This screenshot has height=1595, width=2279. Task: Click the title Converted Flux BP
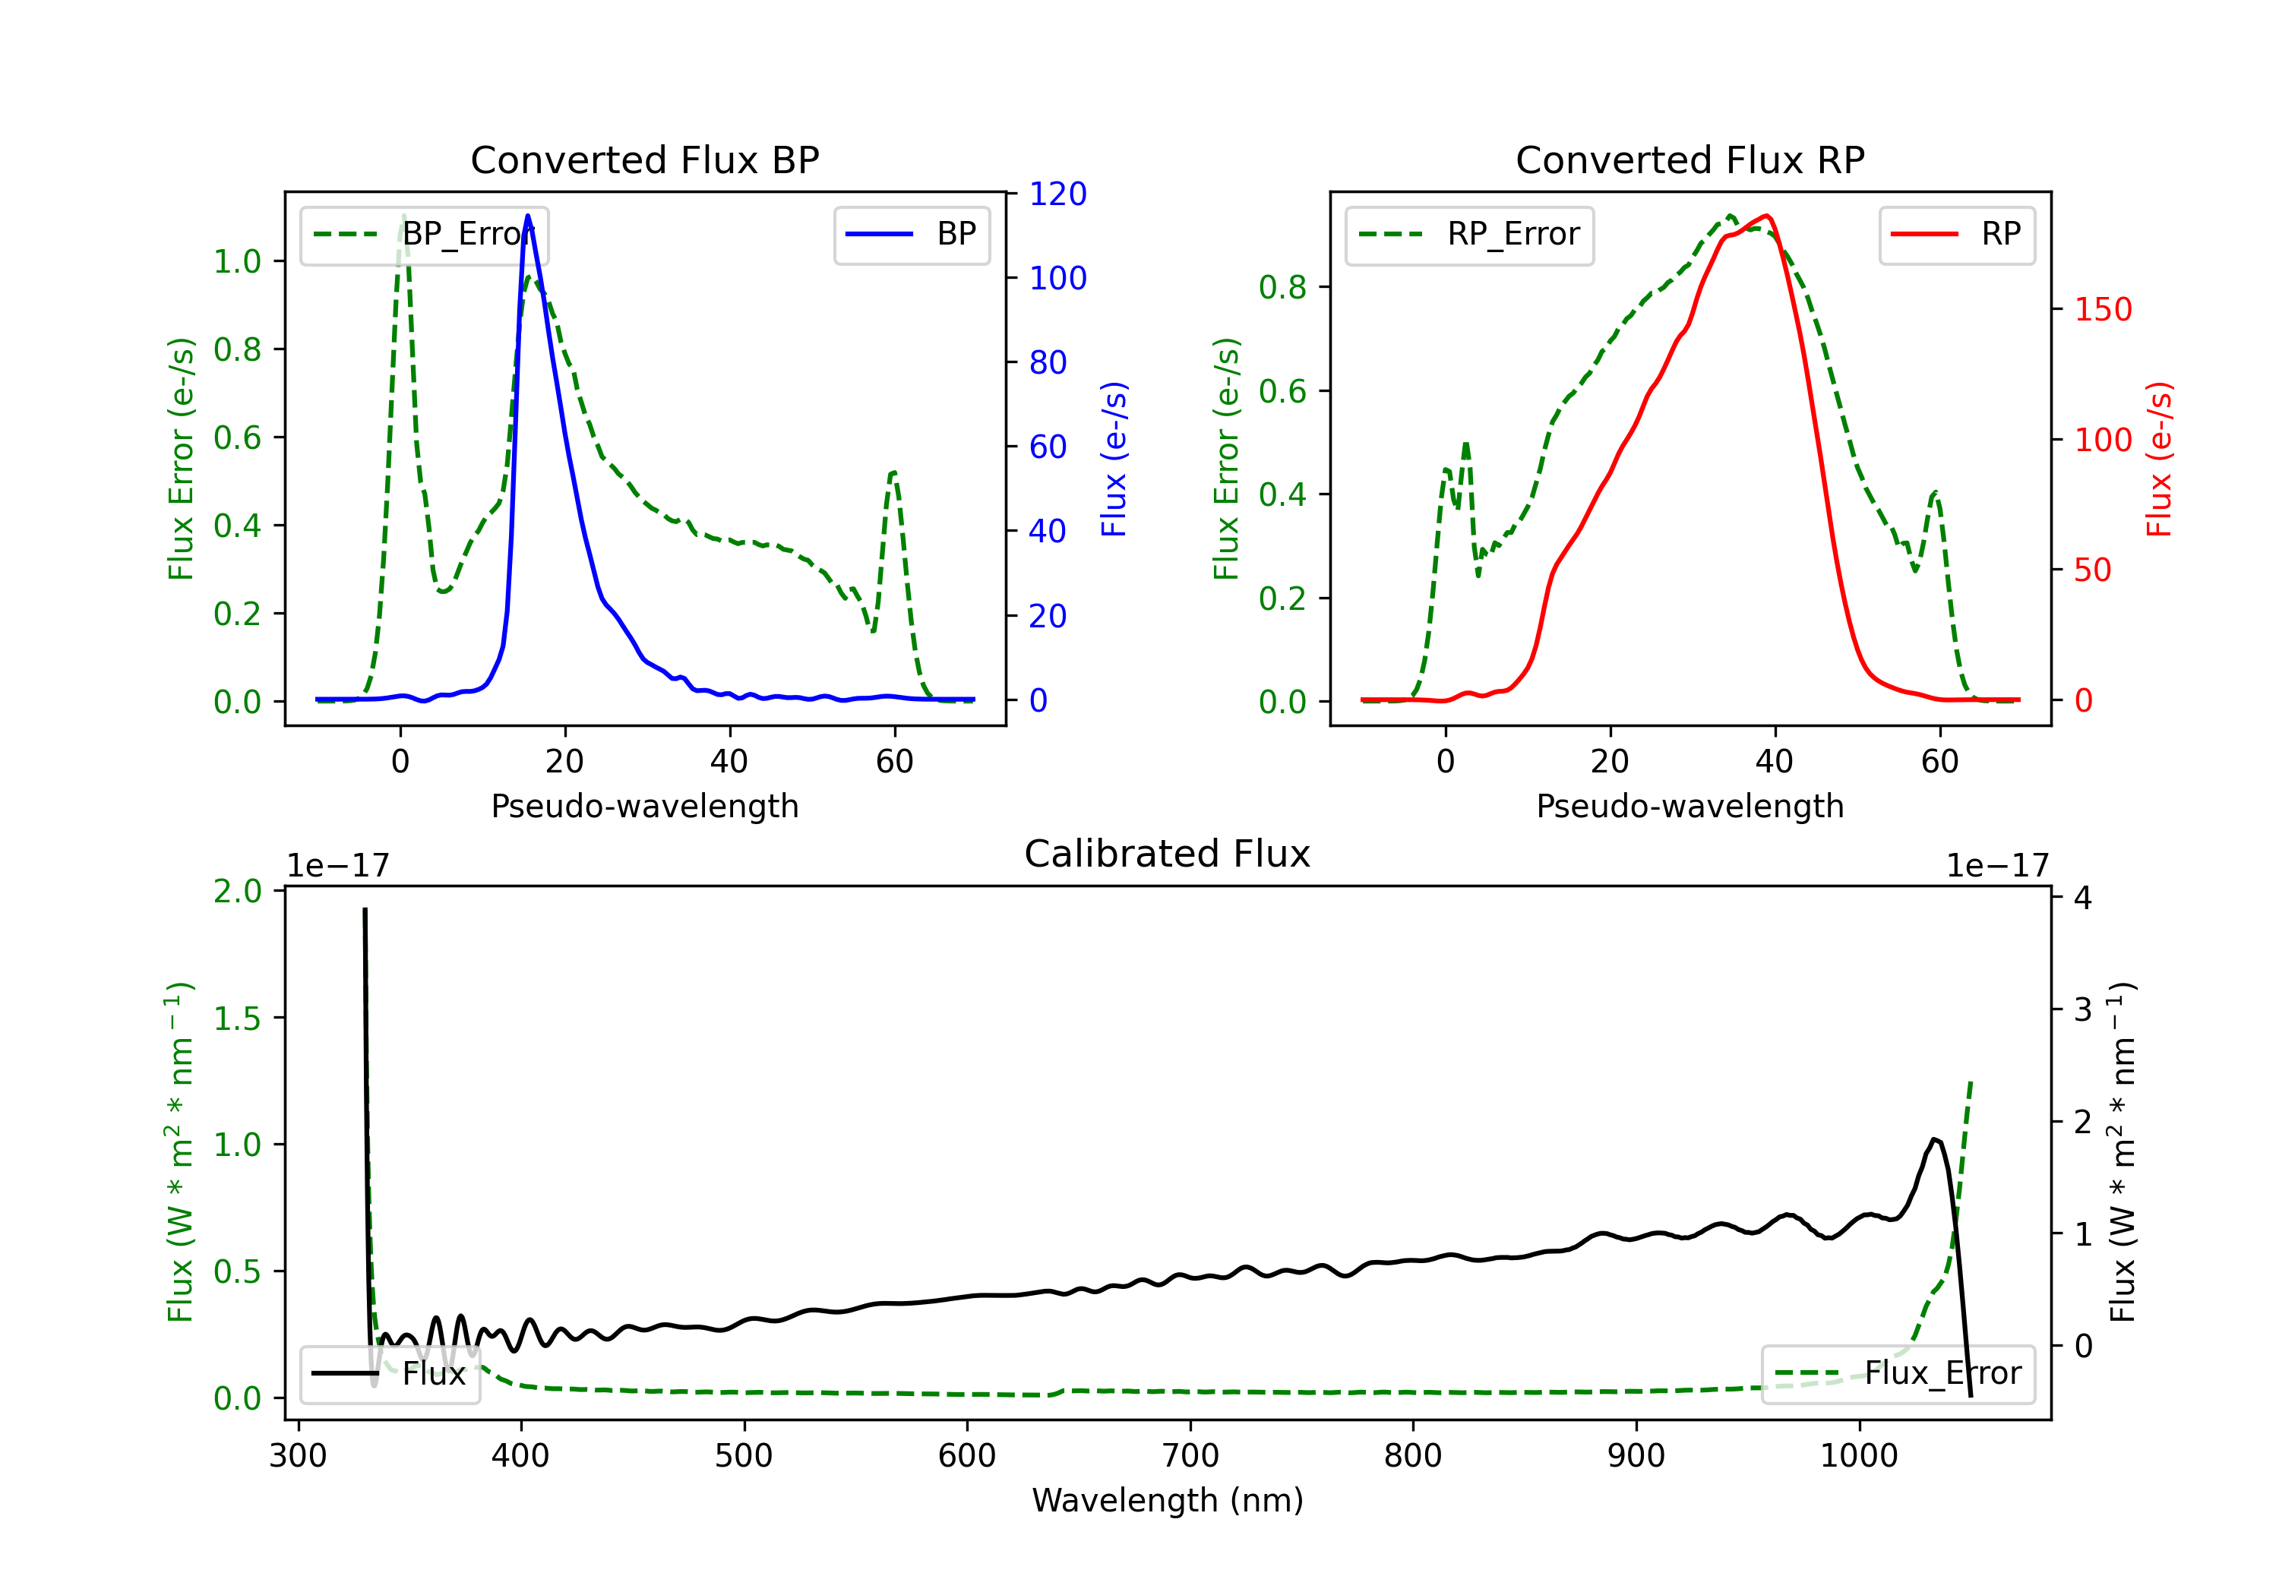644,159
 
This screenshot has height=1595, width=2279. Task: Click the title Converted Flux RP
1689,159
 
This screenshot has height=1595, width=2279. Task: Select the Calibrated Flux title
1168,854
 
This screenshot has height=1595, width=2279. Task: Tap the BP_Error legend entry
424,235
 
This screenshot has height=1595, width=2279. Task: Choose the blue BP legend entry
911,235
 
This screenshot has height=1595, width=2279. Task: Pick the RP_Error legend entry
1469,235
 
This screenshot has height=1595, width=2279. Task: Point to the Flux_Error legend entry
1898,1374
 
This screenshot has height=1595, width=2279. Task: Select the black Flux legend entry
390,1374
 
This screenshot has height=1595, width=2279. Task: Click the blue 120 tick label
1058,194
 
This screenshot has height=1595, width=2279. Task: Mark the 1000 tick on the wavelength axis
1858,1456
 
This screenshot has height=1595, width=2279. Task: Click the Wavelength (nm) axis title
1168,1500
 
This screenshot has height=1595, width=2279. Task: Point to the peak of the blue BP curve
528,216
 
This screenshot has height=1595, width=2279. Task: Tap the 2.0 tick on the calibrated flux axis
239,891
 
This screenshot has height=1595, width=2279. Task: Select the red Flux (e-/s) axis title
2159,460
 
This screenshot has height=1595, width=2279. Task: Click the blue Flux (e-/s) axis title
1114,460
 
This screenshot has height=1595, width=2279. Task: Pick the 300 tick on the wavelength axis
298,1456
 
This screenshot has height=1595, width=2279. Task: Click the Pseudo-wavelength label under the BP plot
644,806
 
